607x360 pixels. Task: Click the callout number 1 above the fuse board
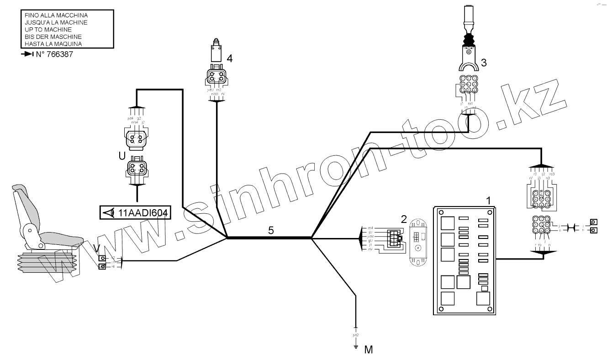coord(488,200)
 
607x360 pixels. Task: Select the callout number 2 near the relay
coord(404,219)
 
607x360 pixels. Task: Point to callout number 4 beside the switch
coord(230,58)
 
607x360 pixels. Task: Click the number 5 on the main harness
coord(271,231)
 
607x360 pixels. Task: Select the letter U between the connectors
coord(121,155)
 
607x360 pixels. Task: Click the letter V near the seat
coord(96,248)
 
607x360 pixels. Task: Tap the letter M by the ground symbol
coord(369,350)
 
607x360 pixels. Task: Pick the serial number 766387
coord(57,54)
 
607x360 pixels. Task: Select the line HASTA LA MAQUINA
coord(53,44)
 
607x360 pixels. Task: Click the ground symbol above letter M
coord(355,346)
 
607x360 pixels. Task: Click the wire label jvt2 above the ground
coord(355,335)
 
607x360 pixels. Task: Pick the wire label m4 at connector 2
coord(370,227)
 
